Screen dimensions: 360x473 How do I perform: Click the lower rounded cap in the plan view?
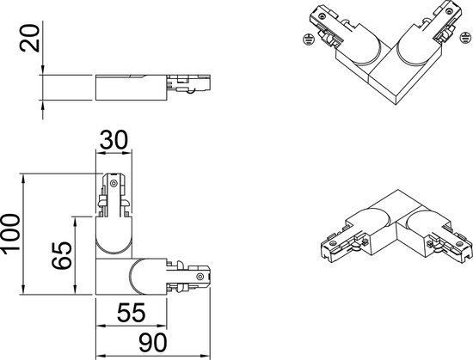pos(140,278)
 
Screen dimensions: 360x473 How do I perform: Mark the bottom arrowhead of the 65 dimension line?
pos(77,293)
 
